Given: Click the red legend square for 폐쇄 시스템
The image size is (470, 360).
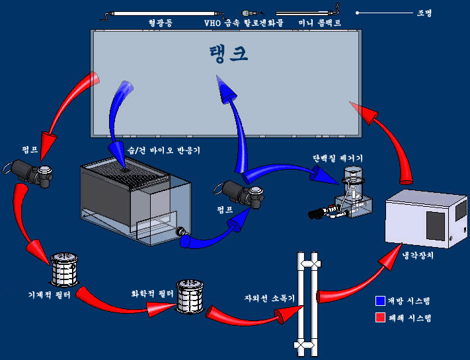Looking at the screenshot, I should pos(379,317).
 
